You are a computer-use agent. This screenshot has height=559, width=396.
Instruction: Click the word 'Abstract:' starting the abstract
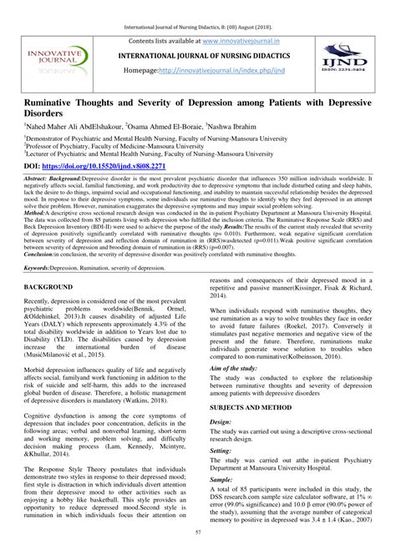click(x=38, y=179)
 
